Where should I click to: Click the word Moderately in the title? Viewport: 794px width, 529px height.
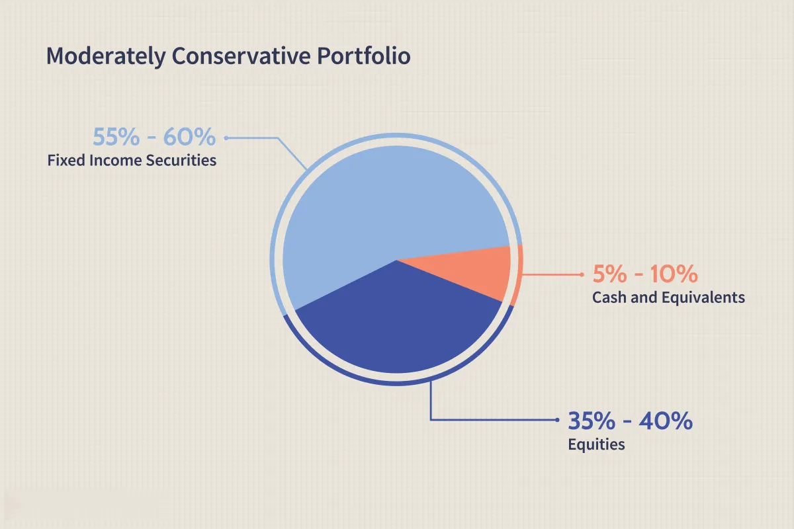pos(106,56)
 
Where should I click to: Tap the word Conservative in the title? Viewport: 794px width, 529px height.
pos(241,56)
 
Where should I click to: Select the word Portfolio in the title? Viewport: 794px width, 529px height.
pos(364,56)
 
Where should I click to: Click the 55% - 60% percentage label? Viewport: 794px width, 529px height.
pos(154,137)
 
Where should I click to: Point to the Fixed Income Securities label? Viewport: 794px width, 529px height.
pos(132,160)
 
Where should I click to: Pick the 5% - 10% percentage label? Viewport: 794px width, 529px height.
pos(645,274)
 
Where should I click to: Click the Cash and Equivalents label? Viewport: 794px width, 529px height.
pos(668,298)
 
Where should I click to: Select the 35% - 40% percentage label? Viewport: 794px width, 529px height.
pos(630,421)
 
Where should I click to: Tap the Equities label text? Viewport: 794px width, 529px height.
pos(596,444)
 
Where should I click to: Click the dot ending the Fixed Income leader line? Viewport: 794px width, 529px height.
pos(226,138)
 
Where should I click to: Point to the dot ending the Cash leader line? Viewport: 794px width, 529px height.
pos(582,274)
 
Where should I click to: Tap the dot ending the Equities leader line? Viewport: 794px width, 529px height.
pos(557,420)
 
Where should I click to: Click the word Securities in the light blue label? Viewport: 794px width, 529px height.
pos(181,160)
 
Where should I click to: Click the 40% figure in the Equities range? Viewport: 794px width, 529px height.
pos(666,421)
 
